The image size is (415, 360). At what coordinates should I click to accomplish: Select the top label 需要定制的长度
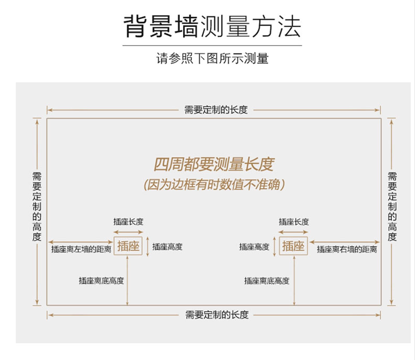point(215,110)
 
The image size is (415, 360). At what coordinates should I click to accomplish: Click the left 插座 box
point(129,246)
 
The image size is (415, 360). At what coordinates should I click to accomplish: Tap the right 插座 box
point(293,246)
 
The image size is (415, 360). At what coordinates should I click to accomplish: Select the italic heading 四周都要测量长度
point(214,164)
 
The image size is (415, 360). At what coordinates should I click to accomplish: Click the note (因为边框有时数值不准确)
point(214,185)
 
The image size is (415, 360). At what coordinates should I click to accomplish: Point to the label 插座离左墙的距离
point(81,250)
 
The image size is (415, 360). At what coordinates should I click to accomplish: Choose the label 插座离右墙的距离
point(347,250)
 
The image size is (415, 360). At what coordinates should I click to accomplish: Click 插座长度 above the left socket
point(128,222)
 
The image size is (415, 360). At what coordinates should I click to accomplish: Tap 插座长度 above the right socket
point(294,222)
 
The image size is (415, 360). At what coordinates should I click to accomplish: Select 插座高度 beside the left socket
point(167,247)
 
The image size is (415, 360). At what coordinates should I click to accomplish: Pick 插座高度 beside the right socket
point(254,247)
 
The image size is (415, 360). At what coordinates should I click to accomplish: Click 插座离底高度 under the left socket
point(101,281)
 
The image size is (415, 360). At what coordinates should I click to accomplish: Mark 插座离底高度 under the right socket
point(266,281)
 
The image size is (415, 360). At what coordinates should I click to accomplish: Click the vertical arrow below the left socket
point(128,281)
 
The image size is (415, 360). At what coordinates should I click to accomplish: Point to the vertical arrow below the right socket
point(294,281)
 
